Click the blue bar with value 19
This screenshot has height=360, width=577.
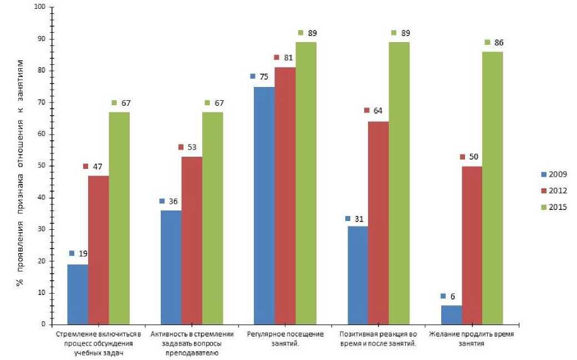(78, 294)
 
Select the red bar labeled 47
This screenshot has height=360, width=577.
(98, 250)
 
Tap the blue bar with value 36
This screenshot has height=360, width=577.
(171, 267)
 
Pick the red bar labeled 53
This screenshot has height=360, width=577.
(191, 240)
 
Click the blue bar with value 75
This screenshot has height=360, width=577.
(264, 205)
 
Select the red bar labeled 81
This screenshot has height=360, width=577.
(285, 196)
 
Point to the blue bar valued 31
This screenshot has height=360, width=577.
(358, 275)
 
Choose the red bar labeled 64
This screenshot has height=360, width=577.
(379, 223)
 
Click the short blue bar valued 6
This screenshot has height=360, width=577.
(451, 315)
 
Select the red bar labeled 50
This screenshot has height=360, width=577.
(472, 245)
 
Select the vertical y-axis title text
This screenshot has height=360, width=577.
(18, 166)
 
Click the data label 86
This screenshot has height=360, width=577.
(499, 43)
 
